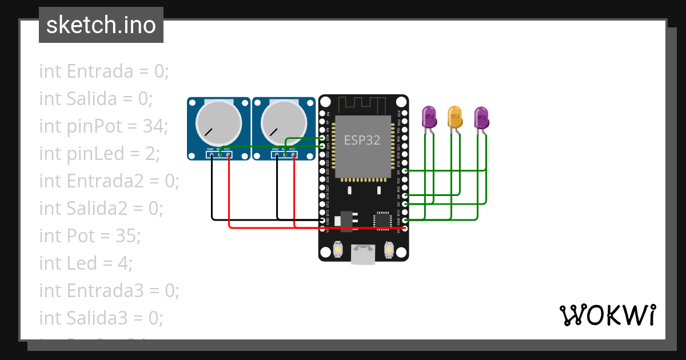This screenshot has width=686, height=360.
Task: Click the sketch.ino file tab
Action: tap(101, 25)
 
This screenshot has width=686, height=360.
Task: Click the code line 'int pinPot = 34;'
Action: tap(103, 126)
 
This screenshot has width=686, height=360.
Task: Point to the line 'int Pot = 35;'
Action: tap(90, 235)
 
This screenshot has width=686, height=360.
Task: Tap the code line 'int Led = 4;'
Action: tap(86, 263)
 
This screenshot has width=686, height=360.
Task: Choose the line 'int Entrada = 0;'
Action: tap(104, 71)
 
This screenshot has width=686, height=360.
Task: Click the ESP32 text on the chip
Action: tap(362, 141)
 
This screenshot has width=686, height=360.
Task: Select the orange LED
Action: tap(455, 117)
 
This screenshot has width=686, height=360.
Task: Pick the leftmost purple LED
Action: tap(429, 117)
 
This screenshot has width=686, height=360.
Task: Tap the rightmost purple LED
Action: tap(481, 117)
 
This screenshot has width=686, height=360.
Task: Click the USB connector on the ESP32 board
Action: tap(364, 254)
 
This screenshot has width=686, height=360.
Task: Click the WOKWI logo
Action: tap(607, 315)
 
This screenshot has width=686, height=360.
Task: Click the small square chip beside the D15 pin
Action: tap(382, 221)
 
